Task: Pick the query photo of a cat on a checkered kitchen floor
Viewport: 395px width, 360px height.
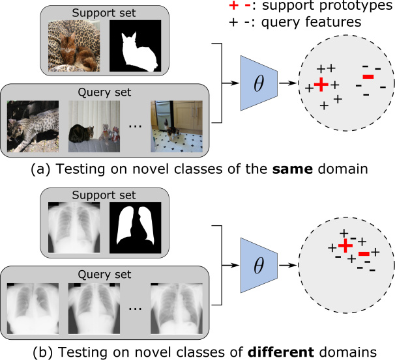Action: [x=177, y=126]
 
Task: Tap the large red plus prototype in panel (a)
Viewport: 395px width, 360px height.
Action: [x=320, y=85]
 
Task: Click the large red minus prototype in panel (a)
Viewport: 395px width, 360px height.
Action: [x=368, y=77]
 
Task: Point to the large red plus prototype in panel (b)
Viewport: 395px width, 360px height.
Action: [x=346, y=245]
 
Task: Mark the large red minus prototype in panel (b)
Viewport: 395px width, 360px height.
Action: [x=364, y=253]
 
